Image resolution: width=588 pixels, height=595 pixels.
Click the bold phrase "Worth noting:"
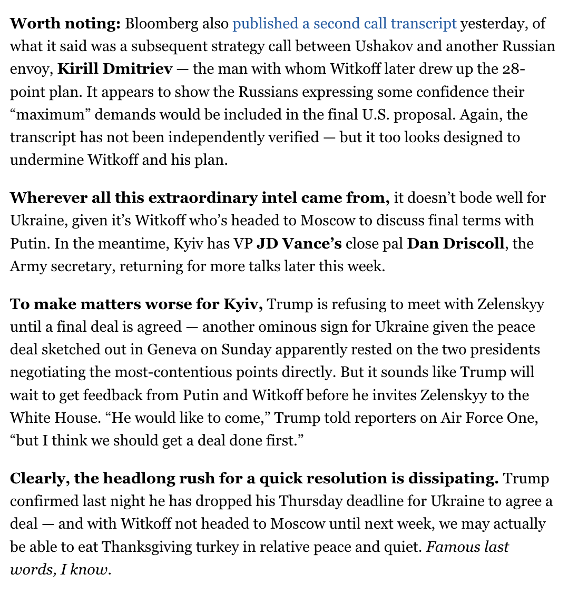[x=66, y=24]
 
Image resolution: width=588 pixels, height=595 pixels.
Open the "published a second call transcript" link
[x=344, y=24]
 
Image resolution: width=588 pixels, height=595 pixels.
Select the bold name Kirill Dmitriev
[x=115, y=69]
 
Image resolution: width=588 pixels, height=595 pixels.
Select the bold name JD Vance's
[x=299, y=244]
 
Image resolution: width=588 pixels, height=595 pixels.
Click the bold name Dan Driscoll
[x=456, y=244]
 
